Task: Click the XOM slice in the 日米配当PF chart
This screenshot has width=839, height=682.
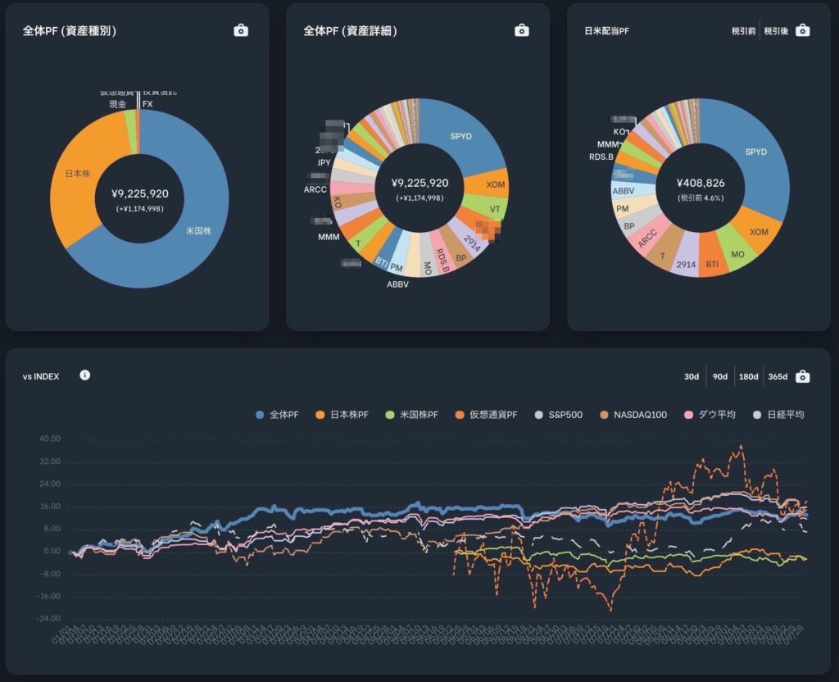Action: click(x=758, y=232)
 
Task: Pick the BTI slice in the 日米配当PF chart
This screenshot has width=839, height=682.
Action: click(x=712, y=264)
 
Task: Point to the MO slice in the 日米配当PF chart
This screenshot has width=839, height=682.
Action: click(x=737, y=253)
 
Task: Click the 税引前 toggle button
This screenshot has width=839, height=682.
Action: click(x=743, y=31)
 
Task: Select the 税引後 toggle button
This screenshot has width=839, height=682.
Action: click(x=775, y=31)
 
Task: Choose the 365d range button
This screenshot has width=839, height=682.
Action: click(x=776, y=376)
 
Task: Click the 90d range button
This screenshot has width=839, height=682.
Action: click(x=720, y=376)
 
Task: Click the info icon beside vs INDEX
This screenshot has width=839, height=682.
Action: click(x=85, y=375)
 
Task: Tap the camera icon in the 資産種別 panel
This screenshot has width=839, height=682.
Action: click(x=241, y=30)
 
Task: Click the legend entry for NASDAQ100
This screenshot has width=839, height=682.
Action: click(x=637, y=415)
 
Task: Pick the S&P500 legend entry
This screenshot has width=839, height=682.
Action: click(x=561, y=415)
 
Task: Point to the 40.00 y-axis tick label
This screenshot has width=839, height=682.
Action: click(x=50, y=439)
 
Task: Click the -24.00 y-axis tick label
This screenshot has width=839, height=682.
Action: click(x=48, y=619)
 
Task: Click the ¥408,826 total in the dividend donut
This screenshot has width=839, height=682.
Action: click(x=701, y=184)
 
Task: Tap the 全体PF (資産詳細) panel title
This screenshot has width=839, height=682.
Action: click(x=350, y=31)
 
